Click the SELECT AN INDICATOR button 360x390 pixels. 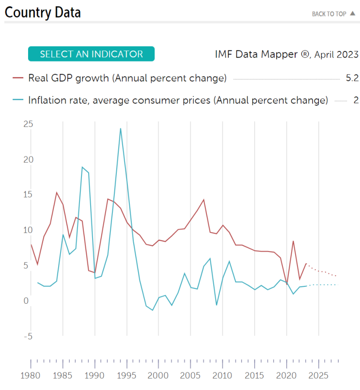click(x=91, y=54)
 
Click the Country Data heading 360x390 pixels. click(x=43, y=12)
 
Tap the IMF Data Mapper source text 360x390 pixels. click(x=286, y=54)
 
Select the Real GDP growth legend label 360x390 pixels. click(x=127, y=78)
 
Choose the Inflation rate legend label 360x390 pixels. click(x=178, y=100)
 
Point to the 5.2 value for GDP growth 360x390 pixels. click(x=352, y=78)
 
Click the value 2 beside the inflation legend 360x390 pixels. click(x=356, y=100)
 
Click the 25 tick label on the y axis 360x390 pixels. click(x=28, y=124)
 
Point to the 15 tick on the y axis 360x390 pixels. click(x=28, y=195)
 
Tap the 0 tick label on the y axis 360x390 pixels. click(x=26, y=301)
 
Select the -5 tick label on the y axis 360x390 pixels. click(x=28, y=336)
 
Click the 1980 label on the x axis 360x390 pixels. click(x=31, y=375)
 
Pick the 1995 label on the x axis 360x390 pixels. click(x=126, y=375)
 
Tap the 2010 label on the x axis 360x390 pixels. click(x=222, y=375)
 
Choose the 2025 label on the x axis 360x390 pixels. click(x=318, y=375)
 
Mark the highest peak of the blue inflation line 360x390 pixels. click(x=120, y=128)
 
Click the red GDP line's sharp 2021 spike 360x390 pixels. click(x=293, y=241)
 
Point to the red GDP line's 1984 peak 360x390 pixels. click(x=57, y=192)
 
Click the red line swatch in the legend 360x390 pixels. click(x=18, y=78)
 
